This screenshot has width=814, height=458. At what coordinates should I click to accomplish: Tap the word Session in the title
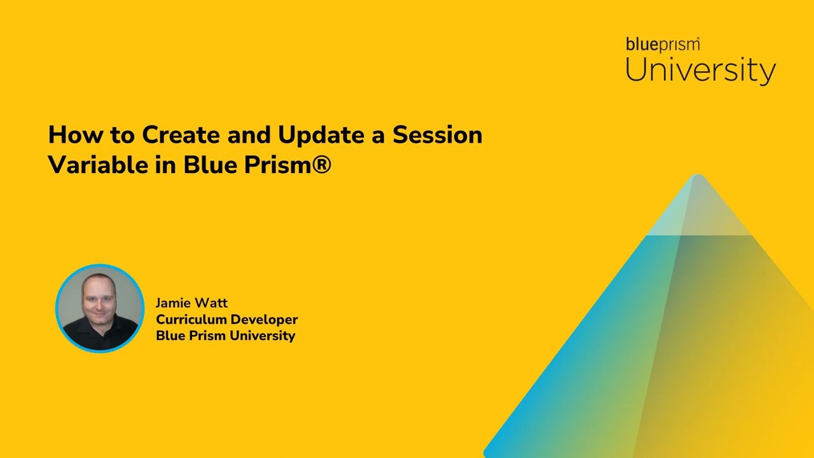coord(437,135)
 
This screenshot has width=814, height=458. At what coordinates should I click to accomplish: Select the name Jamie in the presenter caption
coord(173,303)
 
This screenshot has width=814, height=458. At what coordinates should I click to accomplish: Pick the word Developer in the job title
coord(263,320)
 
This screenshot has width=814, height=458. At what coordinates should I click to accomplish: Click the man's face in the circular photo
coord(99,299)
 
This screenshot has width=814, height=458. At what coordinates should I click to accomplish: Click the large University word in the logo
coord(700,70)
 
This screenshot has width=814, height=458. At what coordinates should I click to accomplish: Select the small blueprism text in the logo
coord(662,45)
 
